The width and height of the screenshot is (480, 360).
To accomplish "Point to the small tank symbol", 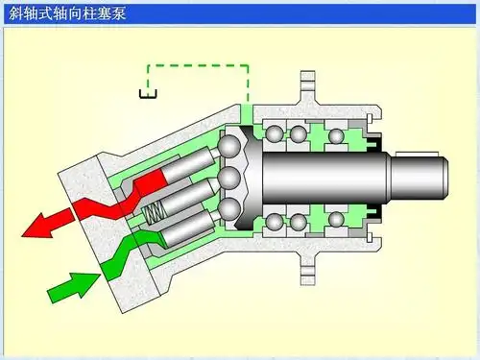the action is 148,93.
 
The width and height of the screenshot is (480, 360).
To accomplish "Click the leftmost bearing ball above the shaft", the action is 276,132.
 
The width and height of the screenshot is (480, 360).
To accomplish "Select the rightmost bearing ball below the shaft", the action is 336,223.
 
